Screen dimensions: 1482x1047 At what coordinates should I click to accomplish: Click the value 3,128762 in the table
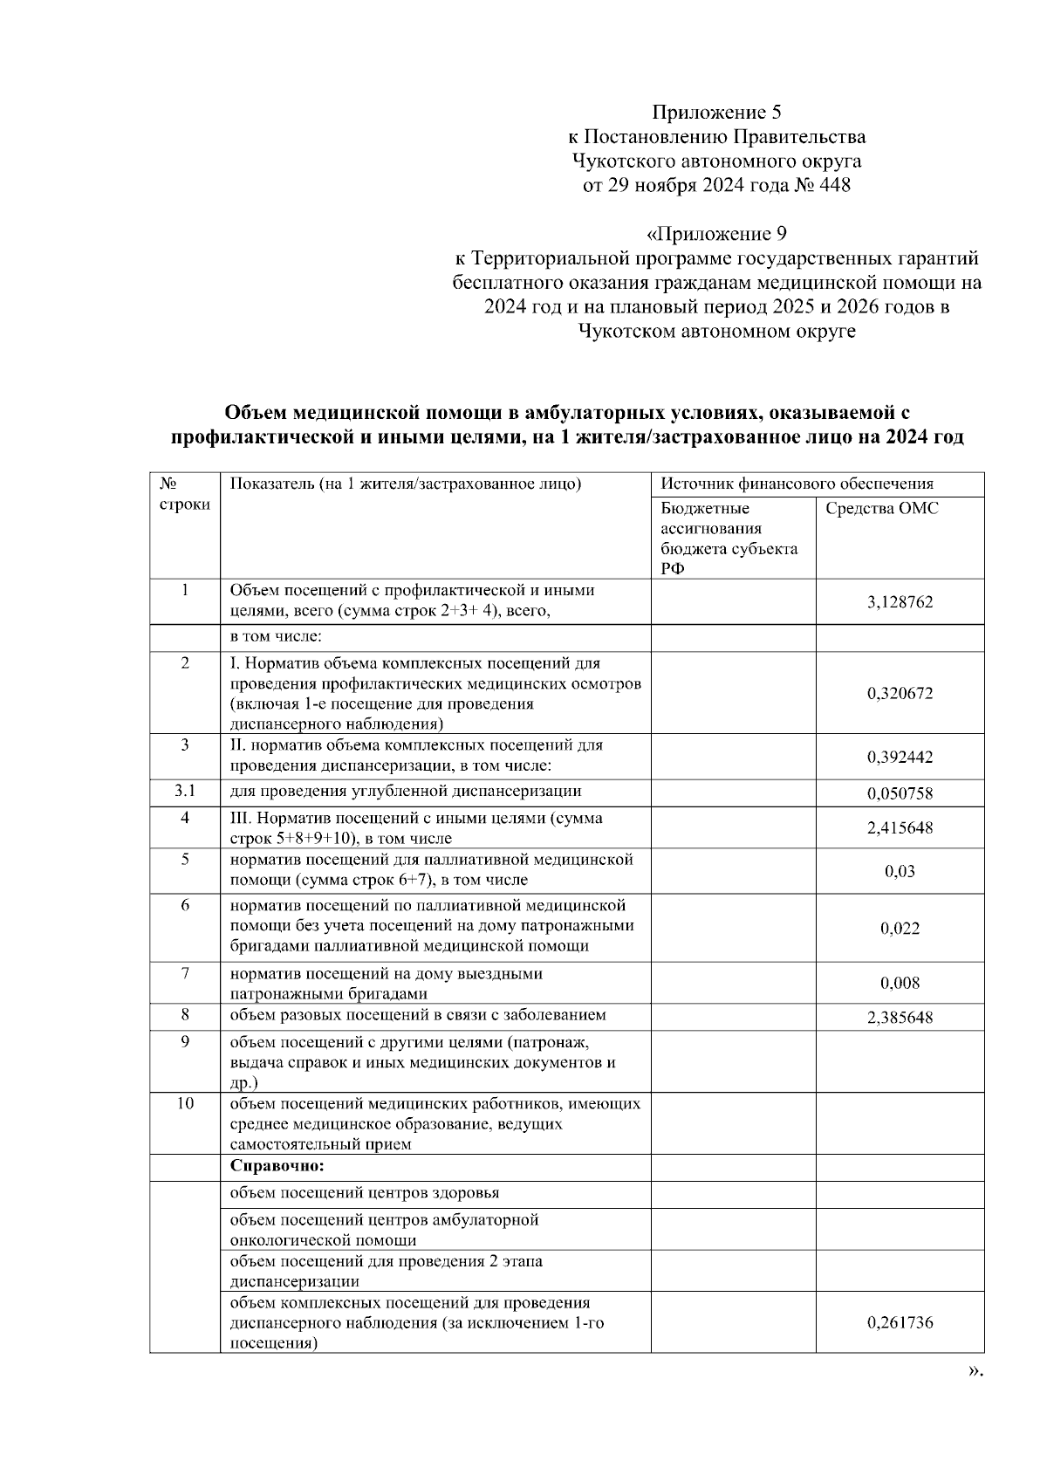(x=900, y=601)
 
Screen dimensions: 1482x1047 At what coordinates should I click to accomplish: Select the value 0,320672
(x=900, y=693)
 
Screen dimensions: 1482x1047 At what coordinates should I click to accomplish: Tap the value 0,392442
(x=900, y=757)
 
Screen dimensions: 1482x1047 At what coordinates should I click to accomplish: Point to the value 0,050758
(x=900, y=793)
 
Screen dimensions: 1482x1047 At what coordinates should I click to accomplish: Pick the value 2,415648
(x=900, y=827)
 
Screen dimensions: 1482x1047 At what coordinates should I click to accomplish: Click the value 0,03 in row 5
(x=900, y=871)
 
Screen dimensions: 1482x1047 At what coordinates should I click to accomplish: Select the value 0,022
(x=900, y=928)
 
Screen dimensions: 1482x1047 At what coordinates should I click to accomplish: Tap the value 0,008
(x=900, y=983)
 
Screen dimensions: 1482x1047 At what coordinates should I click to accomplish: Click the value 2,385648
(x=900, y=1017)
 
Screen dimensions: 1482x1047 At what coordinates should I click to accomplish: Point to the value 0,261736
(x=900, y=1322)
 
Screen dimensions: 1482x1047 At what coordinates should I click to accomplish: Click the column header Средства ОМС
(x=881, y=509)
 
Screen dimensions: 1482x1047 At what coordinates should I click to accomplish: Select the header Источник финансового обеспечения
(x=797, y=484)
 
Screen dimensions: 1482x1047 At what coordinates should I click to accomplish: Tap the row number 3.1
(x=184, y=791)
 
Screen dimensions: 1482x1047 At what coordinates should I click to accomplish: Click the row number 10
(x=185, y=1103)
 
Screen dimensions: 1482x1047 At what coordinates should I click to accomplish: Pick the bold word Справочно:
(x=277, y=1166)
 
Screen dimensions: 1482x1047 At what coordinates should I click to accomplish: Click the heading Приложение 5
(x=716, y=113)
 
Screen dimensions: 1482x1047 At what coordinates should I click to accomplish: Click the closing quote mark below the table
(x=976, y=1371)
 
